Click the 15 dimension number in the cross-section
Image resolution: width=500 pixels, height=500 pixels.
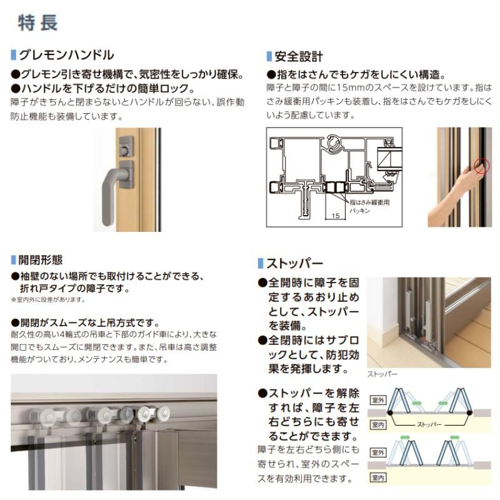(x=335, y=214)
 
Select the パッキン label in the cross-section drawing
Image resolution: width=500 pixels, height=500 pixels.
(x=362, y=211)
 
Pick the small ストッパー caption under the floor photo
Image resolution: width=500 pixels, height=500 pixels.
(x=382, y=374)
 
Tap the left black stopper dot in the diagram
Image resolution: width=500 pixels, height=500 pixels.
(x=389, y=413)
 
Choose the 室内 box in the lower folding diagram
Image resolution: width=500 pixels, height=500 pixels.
(x=378, y=478)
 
